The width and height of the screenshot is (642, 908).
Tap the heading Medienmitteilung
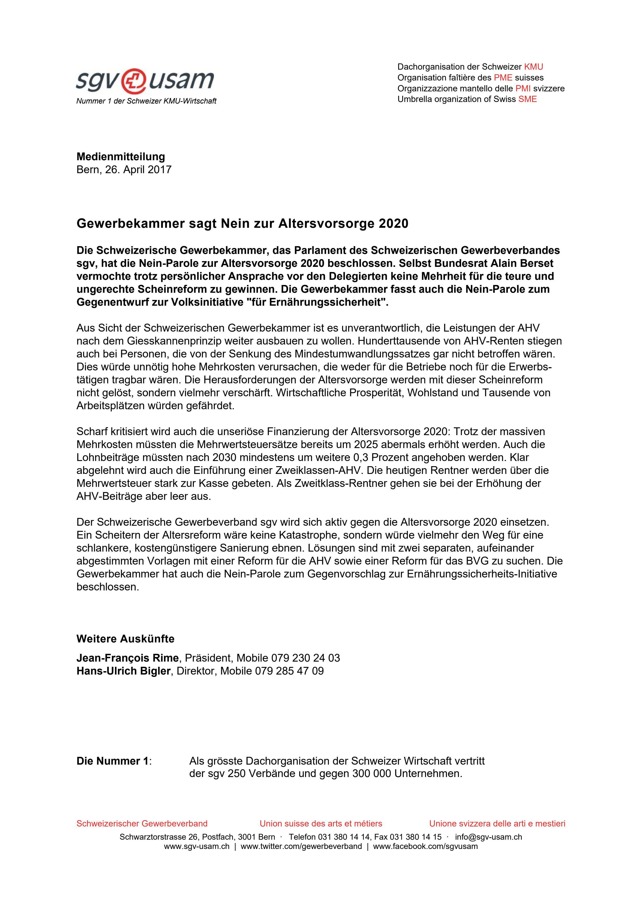(121, 157)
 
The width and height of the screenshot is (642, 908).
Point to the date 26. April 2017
(138, 170)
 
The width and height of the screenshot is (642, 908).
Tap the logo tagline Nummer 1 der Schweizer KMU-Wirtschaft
(146, 101)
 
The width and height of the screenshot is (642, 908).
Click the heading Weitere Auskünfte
(125, 639)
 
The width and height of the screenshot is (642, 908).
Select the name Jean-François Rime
(127, 658)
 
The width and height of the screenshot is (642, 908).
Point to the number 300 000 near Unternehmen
(371, 774)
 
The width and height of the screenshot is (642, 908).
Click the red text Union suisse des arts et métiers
(321, 823)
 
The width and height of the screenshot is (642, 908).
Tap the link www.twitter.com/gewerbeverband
(301, 847)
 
